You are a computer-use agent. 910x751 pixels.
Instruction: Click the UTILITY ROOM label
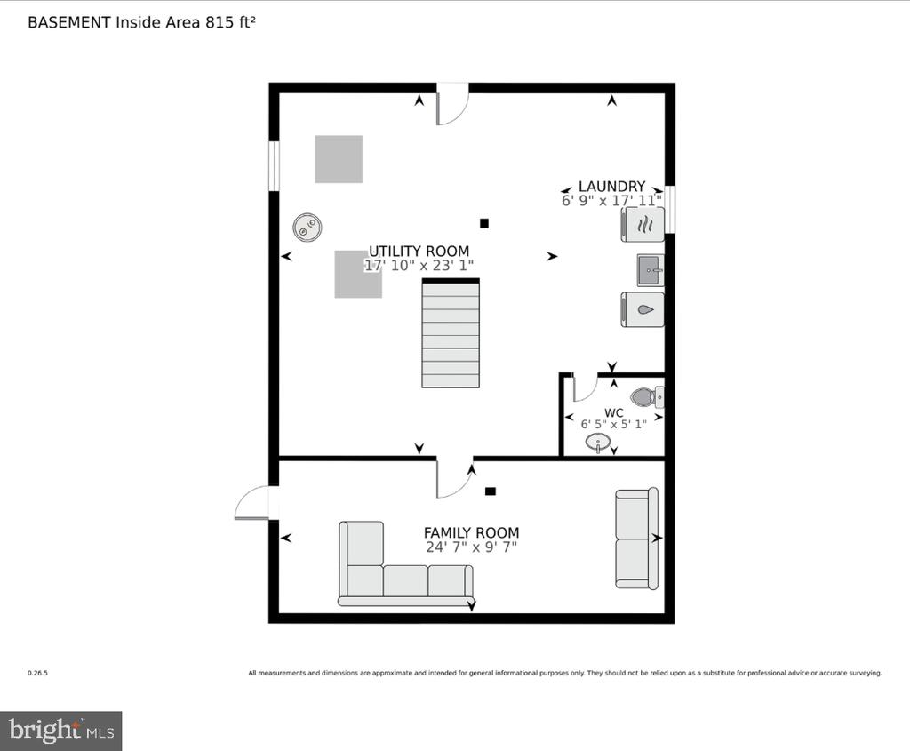point(419,252)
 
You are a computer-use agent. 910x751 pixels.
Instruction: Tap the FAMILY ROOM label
point(471,532)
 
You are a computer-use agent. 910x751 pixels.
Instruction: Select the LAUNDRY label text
point(611,187)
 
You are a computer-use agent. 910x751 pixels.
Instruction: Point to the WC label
point(613,413)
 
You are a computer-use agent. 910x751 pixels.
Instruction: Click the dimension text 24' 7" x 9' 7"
point(471,547)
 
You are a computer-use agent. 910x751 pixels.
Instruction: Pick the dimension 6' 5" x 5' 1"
point(613,424)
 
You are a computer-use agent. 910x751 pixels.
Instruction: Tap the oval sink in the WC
point(598,443)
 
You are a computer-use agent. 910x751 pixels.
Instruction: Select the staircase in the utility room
point(451,333)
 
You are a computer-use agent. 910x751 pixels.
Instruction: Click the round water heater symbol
point(307,227)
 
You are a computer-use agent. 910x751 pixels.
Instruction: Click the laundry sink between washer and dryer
point(651,270)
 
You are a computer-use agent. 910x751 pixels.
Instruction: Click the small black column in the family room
point(491,491)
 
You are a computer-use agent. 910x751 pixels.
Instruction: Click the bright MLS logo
point(61,730)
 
